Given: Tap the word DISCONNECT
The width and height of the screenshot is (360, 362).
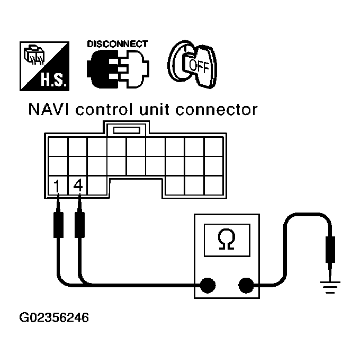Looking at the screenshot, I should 117,44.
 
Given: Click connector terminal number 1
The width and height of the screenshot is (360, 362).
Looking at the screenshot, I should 57,187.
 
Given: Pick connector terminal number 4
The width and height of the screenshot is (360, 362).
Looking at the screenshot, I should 78,187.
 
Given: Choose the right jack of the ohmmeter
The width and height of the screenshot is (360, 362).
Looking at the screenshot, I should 245,285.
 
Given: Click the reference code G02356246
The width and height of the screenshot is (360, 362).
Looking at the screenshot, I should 54,318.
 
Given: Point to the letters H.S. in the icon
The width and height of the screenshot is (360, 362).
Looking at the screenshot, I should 52,82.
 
